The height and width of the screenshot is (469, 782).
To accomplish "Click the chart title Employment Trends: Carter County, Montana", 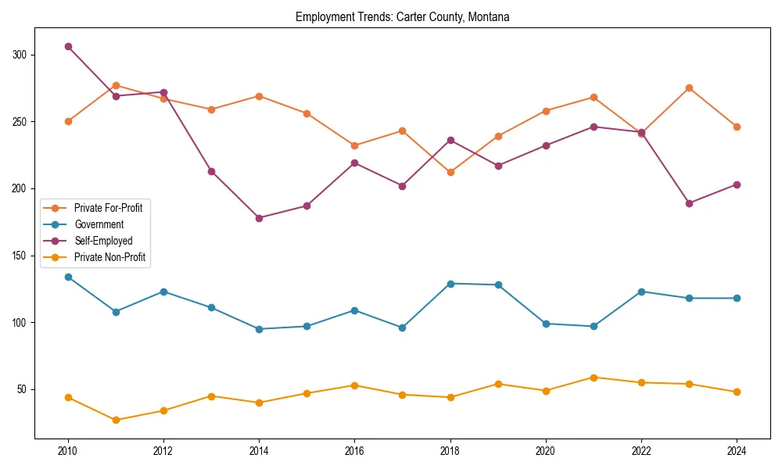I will pyautogui.click(x=402, y=17).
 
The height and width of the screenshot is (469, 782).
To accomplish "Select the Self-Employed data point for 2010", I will pyautogui.click(x=68, y=46).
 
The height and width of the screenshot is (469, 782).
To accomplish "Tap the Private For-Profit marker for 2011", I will pyautogui.click(x=116, y=85).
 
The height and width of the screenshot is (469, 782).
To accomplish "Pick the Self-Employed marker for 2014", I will pyautogui.click(x=259, y=218).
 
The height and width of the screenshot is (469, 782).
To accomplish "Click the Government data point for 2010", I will pyautogui.click(x=68, y=277).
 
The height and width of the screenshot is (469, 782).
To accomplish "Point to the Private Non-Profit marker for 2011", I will pyautogui.click(x=116, y=420).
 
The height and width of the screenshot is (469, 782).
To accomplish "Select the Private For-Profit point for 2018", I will pyautogui.click(x=450, y=172).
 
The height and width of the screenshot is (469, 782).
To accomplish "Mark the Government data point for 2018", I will pyautogui.click(x=450, y=284).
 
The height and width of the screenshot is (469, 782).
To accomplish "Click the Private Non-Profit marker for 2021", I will pyautogui.click(x=594, y=378).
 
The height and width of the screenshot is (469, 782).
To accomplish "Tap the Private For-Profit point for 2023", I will pyautogui.click(x=689, y=88).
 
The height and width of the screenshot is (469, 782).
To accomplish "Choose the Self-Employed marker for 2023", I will pyautogui.click(x=689, y=203).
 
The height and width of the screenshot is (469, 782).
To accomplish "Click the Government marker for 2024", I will pyautogui.click(x=737, y=298).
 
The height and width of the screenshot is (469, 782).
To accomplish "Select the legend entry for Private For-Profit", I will pyautogui.click(x=108, y=208).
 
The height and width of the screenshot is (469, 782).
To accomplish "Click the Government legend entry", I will pyautogui.click(x=99, y=224).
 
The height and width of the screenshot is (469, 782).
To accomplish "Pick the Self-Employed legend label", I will pyautogui.click(x=103, y=241).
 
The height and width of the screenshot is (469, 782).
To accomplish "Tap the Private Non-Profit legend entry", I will pyautogui.click(x=109, y=257).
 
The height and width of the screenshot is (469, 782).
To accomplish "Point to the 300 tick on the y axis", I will pyautogui.click(x=20, y=55).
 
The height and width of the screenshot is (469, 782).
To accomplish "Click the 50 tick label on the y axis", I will pyautogui.click(x=22, y=389).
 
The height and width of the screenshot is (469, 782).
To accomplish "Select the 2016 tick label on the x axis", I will pyautogui.click(x=354, y=451).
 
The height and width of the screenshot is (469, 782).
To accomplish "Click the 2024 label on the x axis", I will pyautogui.click(x=737, y=451).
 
